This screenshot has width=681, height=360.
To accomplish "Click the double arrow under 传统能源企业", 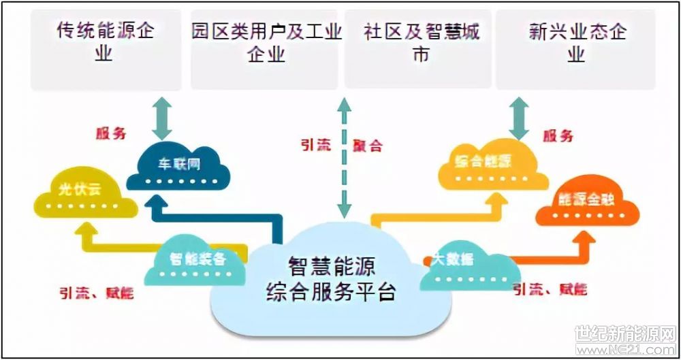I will point(163,117).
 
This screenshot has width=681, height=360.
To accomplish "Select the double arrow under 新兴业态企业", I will point(520,117).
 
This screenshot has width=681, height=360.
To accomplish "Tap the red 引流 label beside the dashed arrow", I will point(315,146).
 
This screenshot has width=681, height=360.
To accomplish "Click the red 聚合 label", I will point(368,146).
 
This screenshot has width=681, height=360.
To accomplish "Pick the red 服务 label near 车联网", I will point(110,133).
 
